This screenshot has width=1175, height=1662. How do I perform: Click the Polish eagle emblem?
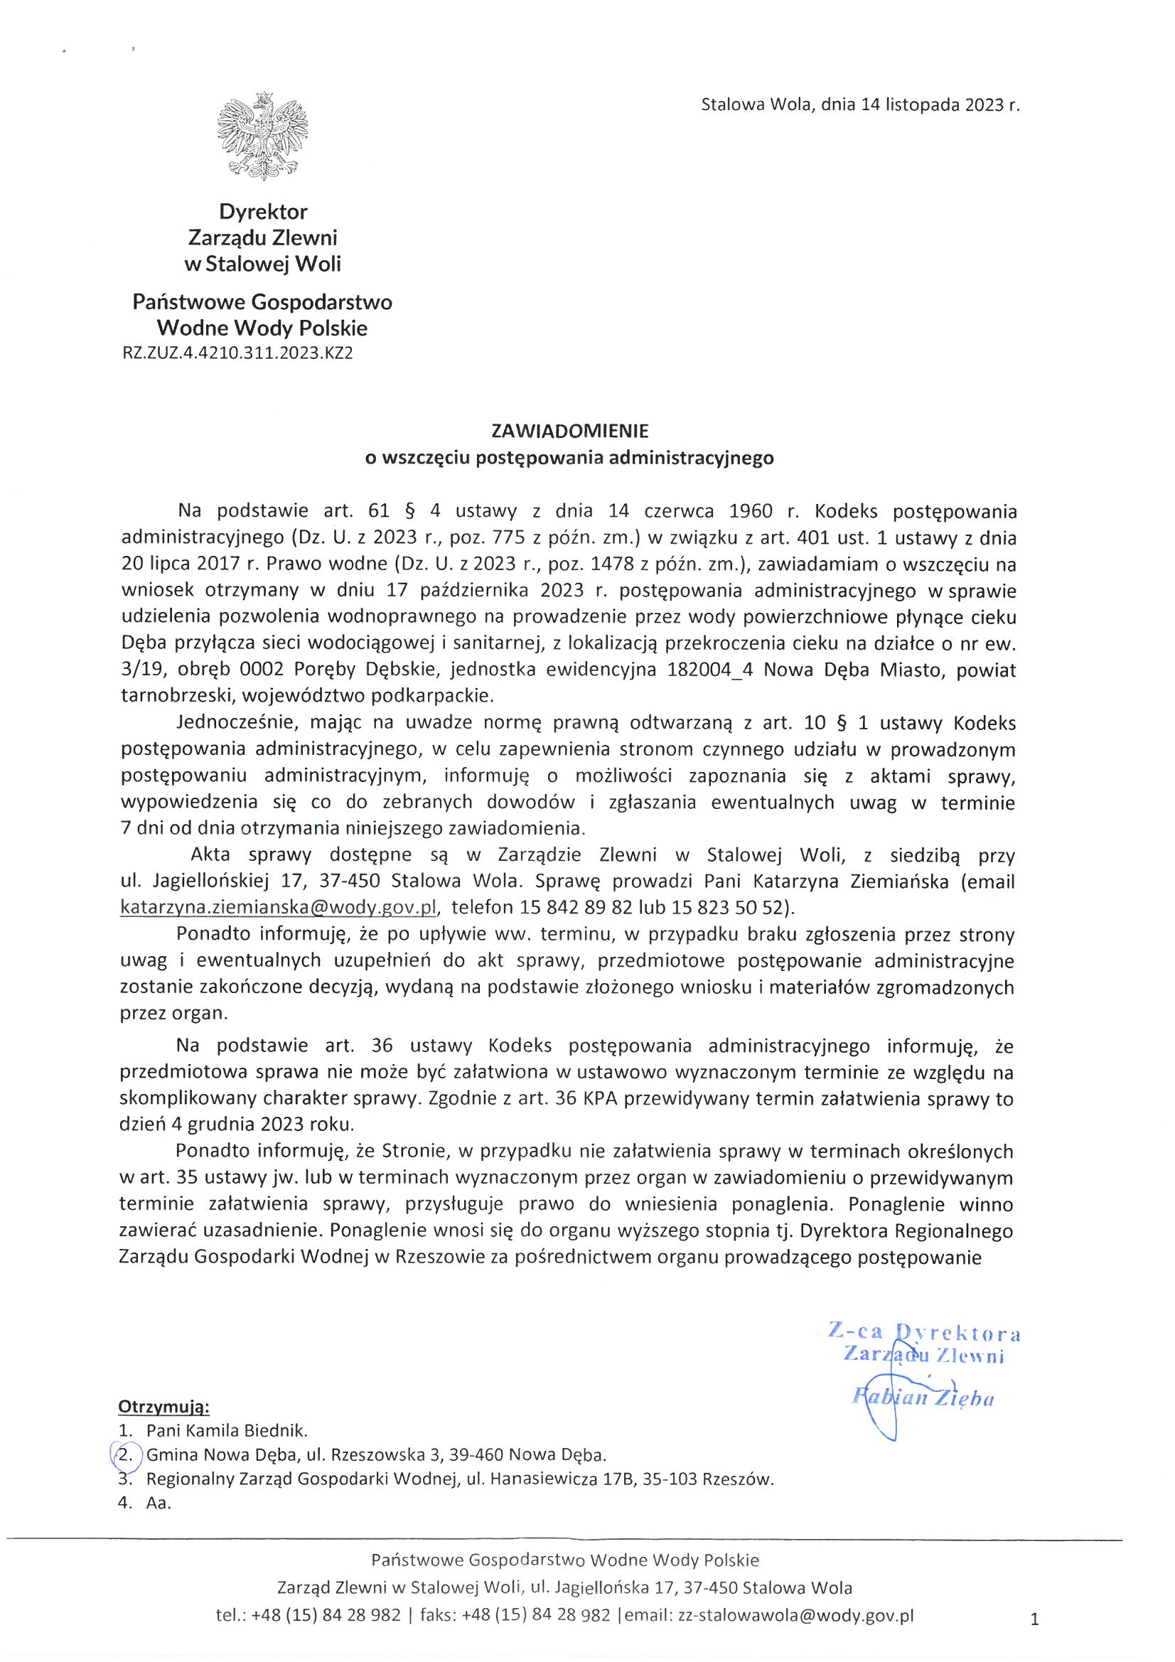(262, 136)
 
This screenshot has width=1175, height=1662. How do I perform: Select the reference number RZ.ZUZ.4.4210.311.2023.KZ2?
(237, 353)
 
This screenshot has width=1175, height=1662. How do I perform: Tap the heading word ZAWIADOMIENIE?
(570, 431)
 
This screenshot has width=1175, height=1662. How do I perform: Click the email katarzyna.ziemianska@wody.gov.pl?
(279, 908)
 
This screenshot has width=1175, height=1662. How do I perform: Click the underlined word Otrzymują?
(163, 1408)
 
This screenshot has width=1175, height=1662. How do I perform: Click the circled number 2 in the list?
(126, 1455)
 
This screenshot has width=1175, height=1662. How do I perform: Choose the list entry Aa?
(159, 1503)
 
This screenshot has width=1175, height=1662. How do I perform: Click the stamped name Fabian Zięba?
(923, 1398)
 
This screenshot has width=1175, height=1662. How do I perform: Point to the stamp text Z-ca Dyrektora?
(925, 1333)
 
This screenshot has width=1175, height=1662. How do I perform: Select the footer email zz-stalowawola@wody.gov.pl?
(795, 1615)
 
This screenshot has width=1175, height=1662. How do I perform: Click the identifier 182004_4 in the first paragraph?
(710, 670)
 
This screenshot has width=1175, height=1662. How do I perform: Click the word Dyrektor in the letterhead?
(263, 212)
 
